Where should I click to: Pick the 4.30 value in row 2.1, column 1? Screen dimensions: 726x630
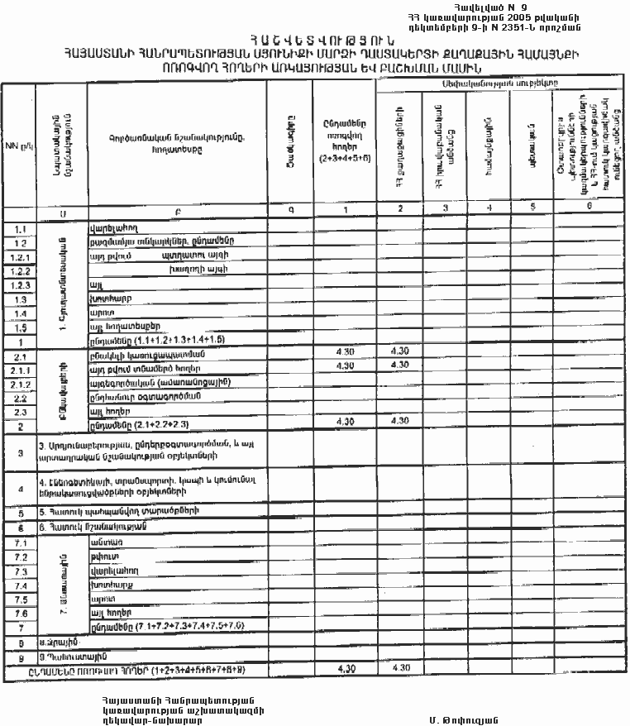pos(346,354)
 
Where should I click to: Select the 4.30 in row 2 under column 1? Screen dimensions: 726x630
pos(346,423)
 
